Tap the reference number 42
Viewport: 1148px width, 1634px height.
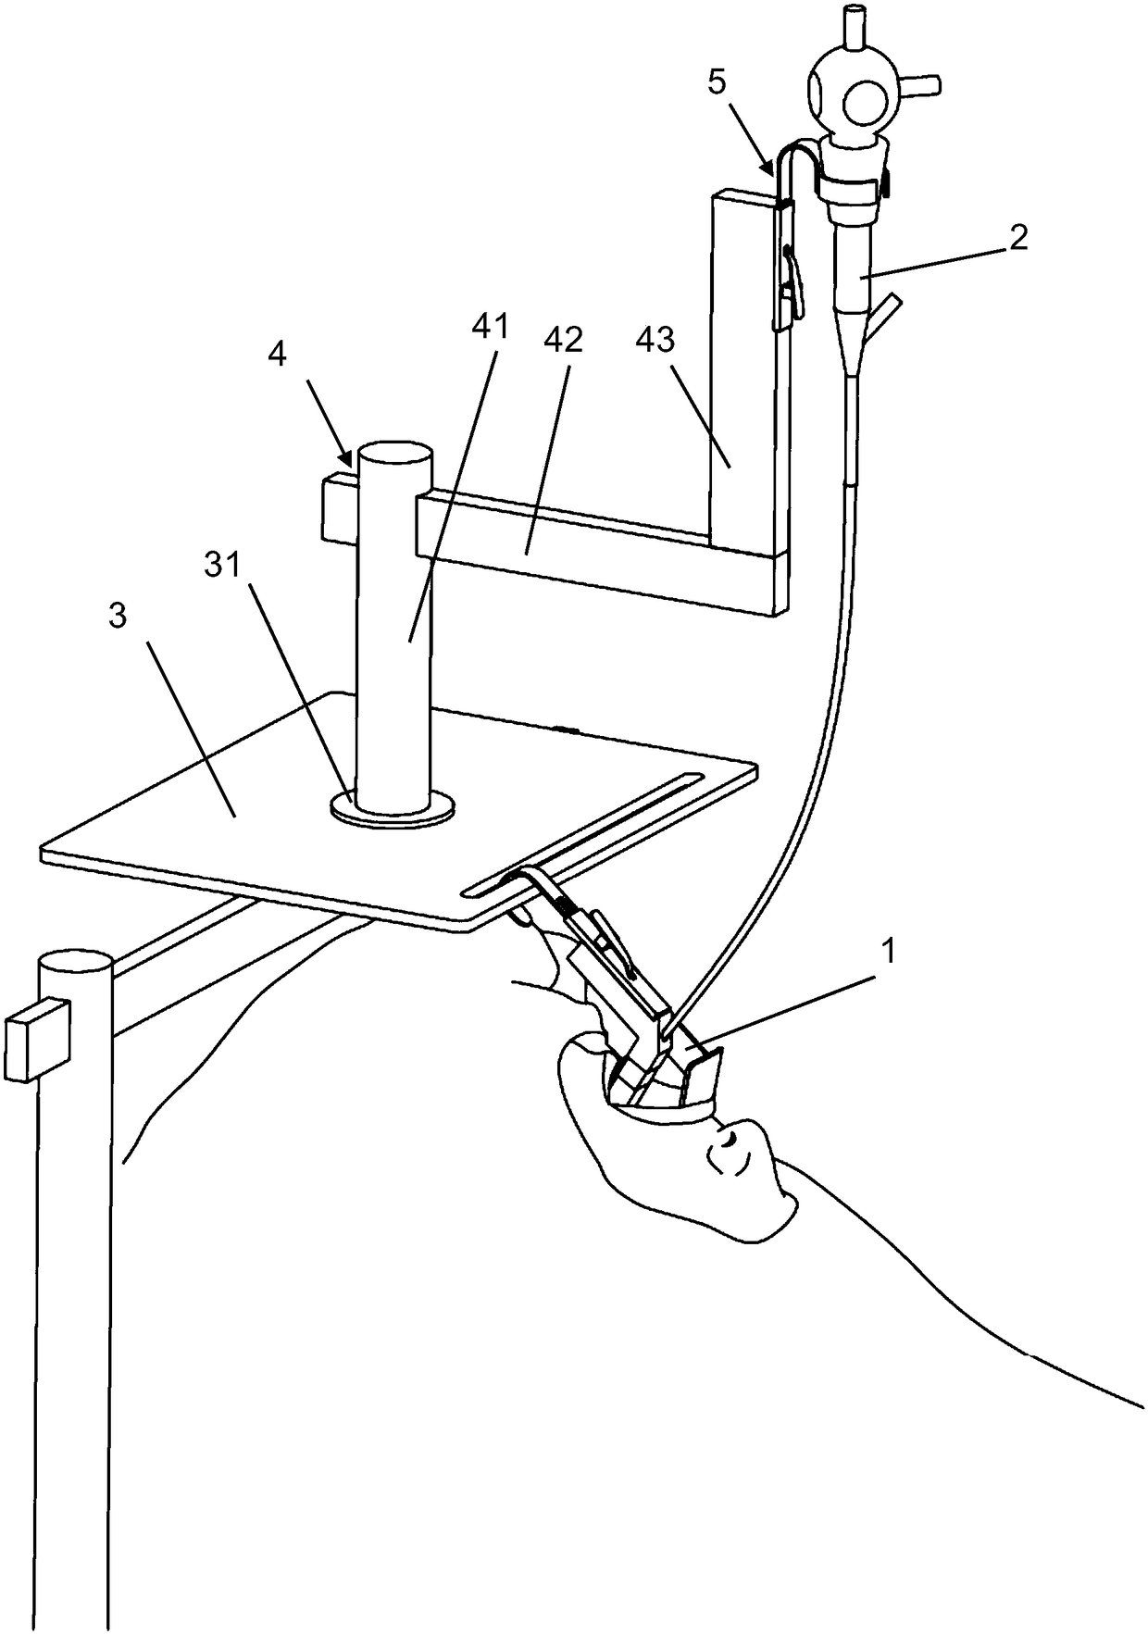click(564, 342)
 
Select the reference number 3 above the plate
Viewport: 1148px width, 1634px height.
click(118, 618)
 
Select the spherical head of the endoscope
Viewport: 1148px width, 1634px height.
click(852, 93)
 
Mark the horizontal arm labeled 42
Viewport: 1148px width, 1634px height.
click(593, 546)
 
